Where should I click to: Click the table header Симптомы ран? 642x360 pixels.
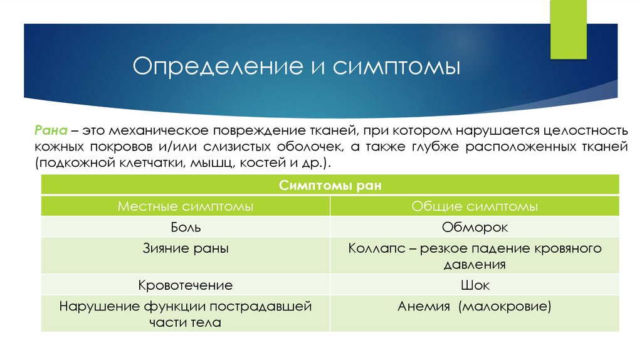330,186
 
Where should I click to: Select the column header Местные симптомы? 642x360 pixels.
186,206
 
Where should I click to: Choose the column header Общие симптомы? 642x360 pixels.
475,206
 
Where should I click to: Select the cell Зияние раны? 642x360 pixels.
186,248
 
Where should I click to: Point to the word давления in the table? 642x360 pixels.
475,264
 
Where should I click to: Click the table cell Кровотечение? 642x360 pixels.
186,285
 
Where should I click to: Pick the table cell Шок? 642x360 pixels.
475,285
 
